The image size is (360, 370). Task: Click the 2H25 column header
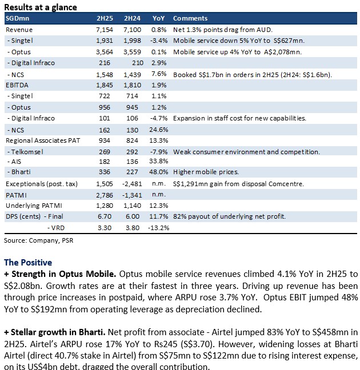tap(105, 18)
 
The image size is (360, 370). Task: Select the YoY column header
tap(158, 18)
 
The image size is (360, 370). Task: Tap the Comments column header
tap(190, 18)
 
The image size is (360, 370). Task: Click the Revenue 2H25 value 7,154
tap(105, 30)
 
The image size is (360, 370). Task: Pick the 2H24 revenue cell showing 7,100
tap(132, 30)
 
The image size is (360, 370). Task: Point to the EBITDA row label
tap(17, 85)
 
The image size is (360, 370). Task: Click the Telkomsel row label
tap(25, 152)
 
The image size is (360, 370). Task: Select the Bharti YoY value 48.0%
tap(158, 172)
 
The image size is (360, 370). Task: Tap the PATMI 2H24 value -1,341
tap(132, 195)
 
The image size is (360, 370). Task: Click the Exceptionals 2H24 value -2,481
tap(132, 184)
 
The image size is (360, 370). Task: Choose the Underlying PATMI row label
tap(34, 206)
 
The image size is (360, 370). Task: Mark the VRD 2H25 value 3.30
tap(105, 228)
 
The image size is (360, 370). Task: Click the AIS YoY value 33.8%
tap(158, 161)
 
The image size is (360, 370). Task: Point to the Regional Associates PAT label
tap(43, 140)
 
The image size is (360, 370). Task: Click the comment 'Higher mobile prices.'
tap(206, 172)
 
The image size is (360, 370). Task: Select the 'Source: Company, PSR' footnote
tap(38, 240)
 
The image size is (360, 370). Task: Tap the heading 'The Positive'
tap(28, 263)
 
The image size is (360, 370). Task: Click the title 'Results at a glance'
tap(41, 7)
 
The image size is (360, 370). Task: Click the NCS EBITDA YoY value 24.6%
tap(158, 130)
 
